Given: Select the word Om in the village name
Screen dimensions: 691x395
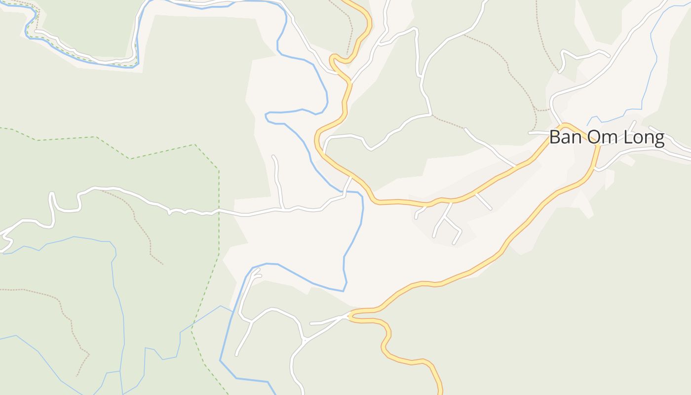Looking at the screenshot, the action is (x=602, y=137).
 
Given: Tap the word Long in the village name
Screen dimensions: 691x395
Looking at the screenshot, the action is (x=644, y=138).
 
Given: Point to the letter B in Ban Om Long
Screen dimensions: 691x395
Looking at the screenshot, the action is (x=555, y=137).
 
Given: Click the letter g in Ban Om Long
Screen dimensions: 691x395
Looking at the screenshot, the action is (x=658, y=140).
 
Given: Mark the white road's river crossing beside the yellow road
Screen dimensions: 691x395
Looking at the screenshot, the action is (x=346, y=191).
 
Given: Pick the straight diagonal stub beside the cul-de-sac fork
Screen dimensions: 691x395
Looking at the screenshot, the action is (x=484, y=201).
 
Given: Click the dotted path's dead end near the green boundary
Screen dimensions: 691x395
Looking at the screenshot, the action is (x=162, y=264).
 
